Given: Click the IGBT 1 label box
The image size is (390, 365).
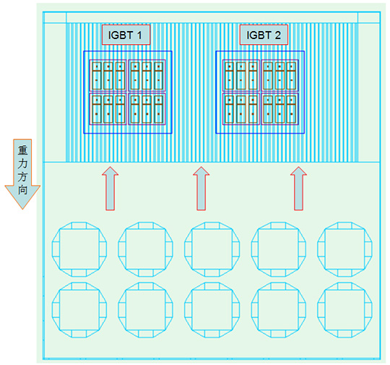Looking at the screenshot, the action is (x=126, y=35).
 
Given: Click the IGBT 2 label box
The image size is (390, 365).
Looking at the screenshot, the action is (x=264, y=35).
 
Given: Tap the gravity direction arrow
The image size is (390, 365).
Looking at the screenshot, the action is (x=22, y=173).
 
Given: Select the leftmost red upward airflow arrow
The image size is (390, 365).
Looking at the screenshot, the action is (x=110, y=189).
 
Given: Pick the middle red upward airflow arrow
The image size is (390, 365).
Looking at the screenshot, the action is (x=201, y=189).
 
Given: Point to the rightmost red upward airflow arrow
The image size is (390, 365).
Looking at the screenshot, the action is (x=298, y=189).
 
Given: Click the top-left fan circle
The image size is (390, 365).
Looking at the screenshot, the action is (x=79, y=222).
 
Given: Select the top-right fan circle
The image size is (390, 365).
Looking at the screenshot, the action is (x=344, y=222).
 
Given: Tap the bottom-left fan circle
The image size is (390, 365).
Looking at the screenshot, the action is (x=79, y=283).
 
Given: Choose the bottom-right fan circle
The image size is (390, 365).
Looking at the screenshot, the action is (x=344, y=283).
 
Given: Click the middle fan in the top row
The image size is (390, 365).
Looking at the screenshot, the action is (x=212, y=222).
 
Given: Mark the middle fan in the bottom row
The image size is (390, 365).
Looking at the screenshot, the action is (x=212, y=283).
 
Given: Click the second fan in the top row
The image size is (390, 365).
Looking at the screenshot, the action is (x=145, y=222).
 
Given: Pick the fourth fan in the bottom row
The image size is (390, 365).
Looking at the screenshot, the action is (x=278, y=283).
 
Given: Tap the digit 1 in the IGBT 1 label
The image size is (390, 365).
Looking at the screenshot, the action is (x=139, y=35).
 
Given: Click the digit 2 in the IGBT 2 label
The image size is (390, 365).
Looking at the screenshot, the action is (x=277, y=35).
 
